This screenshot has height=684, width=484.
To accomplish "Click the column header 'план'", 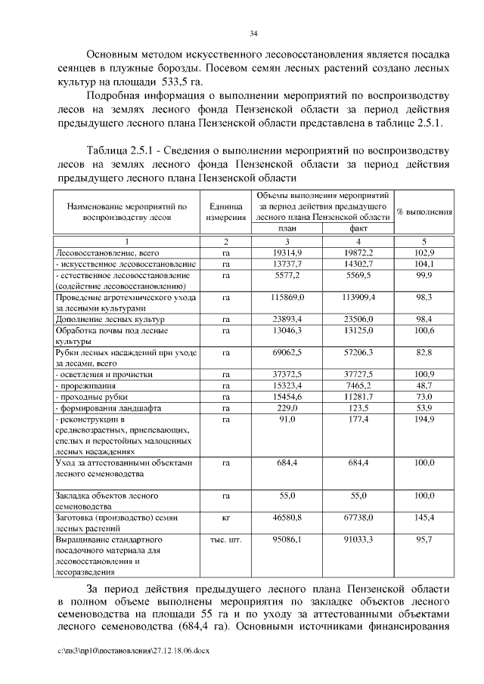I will (287, 227).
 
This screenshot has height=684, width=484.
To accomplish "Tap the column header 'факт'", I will (358, 227).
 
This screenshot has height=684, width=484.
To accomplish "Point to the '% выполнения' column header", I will (424, 212).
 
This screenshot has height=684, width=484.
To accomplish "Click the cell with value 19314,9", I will (287, 252).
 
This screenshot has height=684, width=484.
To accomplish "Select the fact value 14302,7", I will (358, 264).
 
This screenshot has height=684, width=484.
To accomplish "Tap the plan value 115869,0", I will (287, 298).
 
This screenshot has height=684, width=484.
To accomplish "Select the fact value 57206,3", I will (358, 352).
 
